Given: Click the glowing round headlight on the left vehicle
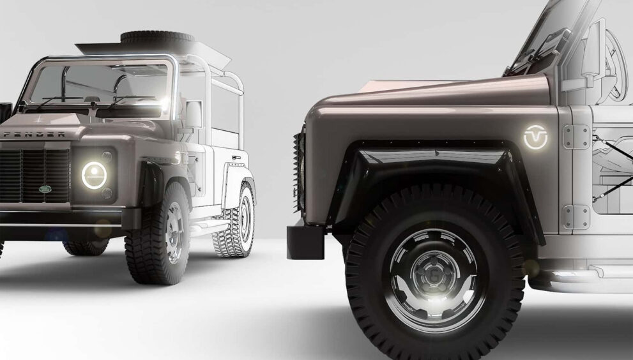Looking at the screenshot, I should [x=94, y=175].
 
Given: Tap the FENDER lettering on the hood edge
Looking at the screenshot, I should [x=35, y=135].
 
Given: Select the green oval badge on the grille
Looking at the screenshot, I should [x=45, y=189].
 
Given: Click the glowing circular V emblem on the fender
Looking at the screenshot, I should [x=535, y=137].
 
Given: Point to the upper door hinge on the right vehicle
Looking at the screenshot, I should [x=576, y=137].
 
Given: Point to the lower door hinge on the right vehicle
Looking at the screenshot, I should [x=576, y=216].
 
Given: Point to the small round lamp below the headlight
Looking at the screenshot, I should [x=107, y=193].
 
